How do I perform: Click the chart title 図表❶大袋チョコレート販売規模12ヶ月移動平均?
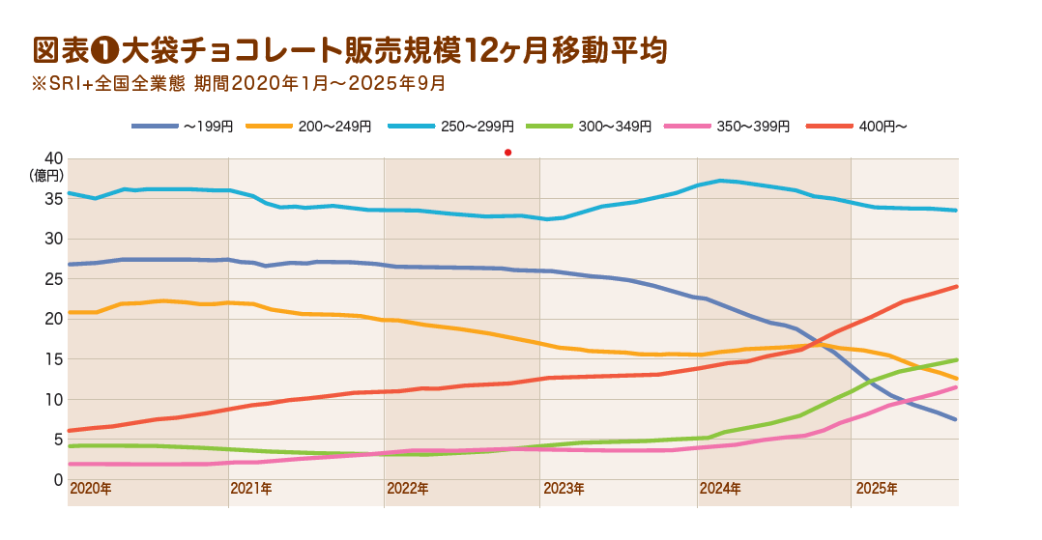[350, 50]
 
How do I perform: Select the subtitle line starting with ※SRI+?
[239, 83]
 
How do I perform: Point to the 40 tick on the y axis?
[53, 158]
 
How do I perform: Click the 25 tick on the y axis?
[53, 279]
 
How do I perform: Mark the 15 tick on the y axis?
[53, 359]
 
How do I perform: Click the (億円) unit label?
[47, 175]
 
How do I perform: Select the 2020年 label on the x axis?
[91, 489]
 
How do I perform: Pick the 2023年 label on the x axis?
[564, 489]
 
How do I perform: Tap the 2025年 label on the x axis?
[877, 489]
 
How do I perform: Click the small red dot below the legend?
[507, 152]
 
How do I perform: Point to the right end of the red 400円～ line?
[956, 286]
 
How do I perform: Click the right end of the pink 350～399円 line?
[956, 387]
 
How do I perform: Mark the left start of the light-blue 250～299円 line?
[70, 193]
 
